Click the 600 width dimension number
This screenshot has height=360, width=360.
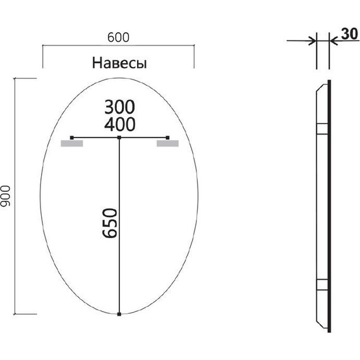coord(118,37)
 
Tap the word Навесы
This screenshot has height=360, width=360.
coord(119,63)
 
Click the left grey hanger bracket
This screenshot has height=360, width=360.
coord(71,144)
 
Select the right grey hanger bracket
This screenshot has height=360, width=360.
coord(168,144)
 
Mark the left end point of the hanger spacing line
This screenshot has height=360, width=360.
coord(72,137)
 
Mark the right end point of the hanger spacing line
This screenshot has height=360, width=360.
coord(167,137)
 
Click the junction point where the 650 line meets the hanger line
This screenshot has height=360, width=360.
coord(119,137)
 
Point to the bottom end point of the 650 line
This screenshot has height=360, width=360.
coord(119,314)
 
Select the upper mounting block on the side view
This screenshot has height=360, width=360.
coord(321,129)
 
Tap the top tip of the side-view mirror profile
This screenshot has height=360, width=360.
coord(328,83)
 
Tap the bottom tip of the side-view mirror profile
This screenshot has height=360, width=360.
coord(328,329)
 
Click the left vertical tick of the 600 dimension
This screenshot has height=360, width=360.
coord(42,56)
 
